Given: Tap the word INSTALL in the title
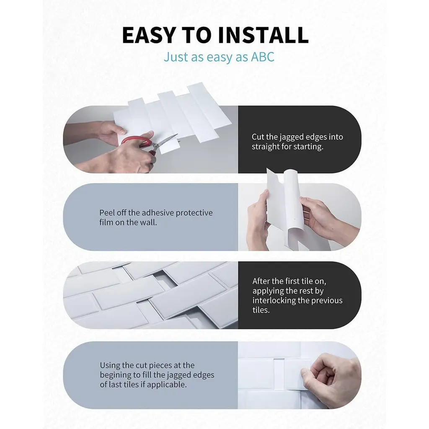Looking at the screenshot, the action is [x=264, y=35].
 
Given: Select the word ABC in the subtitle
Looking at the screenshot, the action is [x=263, y=57].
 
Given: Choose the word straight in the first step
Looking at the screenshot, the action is [x=265, y=147].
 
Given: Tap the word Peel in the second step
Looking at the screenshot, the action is [x=107, y=212].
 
